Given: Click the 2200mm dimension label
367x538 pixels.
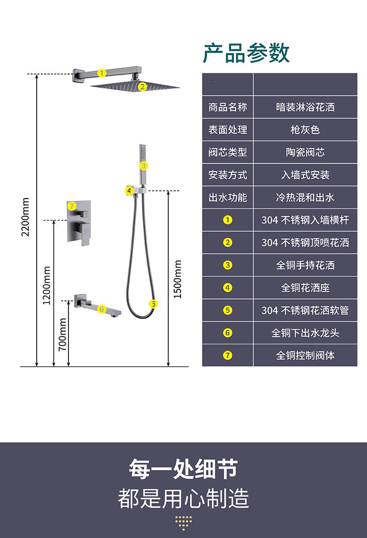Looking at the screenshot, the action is pyautogui.click(x=25, y=217).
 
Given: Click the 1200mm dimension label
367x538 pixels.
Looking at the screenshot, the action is pyautogui.click(x=47, y=285).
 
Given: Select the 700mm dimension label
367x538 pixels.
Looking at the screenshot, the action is pyautogui.click(x=63, y=334).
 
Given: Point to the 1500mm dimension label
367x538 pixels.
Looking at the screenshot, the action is pyautogui.click(x=178, y=279).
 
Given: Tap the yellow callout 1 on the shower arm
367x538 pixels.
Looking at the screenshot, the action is pyautogui.click(x=102, y=73).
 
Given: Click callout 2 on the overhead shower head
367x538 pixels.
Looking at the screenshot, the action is pyautogui.click(x=142, y=87).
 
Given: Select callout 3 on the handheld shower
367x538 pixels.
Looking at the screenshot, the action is pyautogui.click(x=143, y=166).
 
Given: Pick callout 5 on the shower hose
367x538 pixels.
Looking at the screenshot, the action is pyautogui.click(x=154, y=304).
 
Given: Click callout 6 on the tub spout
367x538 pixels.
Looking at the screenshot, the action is pyautogui.click(x=101, y=309).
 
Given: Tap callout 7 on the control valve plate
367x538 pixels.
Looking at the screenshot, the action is pyautogui.click(x=72, y=205).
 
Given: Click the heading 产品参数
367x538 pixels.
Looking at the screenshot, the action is pyautogui.click(x=246, y=53).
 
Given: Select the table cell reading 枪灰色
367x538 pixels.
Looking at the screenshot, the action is pyautogui.click(x=305, y=130).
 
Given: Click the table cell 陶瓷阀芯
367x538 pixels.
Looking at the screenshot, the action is pyautogui.click(x=305, y=152).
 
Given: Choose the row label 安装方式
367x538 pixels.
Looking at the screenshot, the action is pyautogui.click(x=228, y=175).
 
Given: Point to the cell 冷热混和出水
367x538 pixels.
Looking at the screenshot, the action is pyautogui.click(x=305, y=198).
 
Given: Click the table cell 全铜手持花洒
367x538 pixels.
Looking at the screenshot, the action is pyautogui.click(x=305, y=265).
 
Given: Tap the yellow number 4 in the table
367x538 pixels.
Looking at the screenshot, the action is pyautogui.click(x=228, y=288).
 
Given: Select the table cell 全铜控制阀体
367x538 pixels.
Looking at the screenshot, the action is pyautogui.click(x=305, y=356).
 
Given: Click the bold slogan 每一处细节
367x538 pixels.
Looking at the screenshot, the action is pyautogui.click(x=183, y=469).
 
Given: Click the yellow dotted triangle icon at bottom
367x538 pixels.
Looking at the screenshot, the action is pyautogui.click(x=183, y=523).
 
